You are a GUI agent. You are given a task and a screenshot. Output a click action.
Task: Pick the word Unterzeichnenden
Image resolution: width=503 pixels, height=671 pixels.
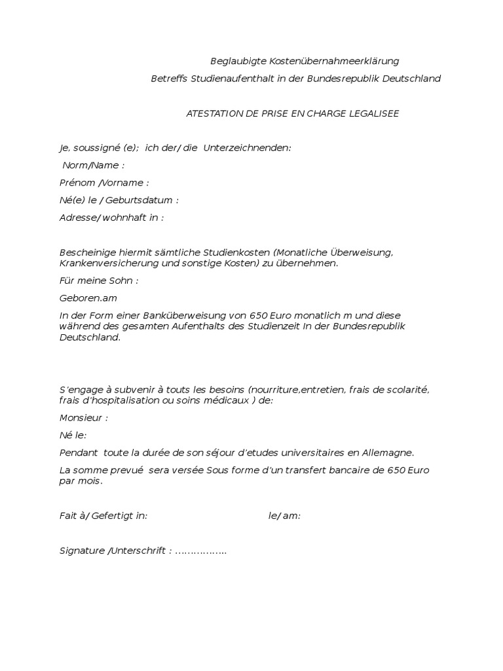[247, 147]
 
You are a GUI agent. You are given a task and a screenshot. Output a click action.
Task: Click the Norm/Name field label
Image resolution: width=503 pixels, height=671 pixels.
[93, 165]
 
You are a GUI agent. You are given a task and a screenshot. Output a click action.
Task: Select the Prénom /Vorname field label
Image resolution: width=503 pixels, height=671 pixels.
[103, 183]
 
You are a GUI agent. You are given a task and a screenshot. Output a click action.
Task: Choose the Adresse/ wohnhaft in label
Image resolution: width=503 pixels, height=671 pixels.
[111, 218]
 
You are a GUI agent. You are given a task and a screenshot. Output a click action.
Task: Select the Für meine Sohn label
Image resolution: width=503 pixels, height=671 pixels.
[98, 280]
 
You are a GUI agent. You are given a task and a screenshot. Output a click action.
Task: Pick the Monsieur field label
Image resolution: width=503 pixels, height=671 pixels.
[83, 417]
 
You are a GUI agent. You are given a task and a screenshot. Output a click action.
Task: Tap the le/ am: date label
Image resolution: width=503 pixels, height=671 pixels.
[284, 516]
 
